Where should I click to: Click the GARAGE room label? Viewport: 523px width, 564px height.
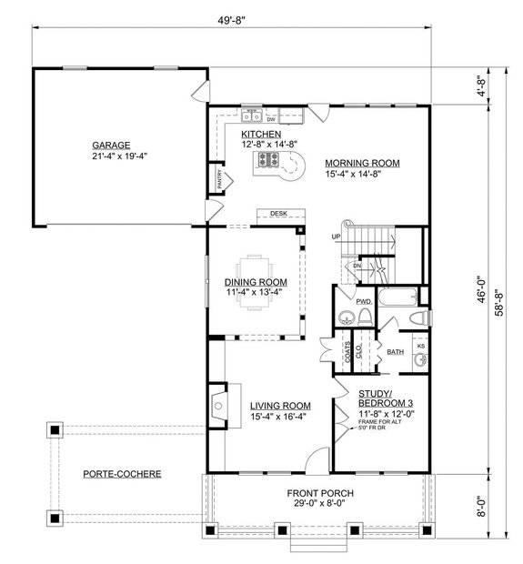(x=111, y=145)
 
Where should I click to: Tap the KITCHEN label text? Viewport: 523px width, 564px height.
(x=259, y=133)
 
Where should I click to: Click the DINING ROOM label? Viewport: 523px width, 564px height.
(x=256, y=282)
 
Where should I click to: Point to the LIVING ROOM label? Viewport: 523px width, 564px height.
(x=281, y=406)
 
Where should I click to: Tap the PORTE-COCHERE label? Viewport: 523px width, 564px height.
(x=121, y=474)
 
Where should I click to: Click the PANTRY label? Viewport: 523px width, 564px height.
(x=218, y=178)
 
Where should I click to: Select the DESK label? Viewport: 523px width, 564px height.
(x=277, y=214)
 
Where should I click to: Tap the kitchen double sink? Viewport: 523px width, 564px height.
(x=252, y=116)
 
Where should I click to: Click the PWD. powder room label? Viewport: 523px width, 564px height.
(x=365, y=299)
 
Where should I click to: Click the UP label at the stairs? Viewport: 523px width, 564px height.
(x=336, y=237)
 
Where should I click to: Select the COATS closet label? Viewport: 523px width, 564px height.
(x=346, y=351)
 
